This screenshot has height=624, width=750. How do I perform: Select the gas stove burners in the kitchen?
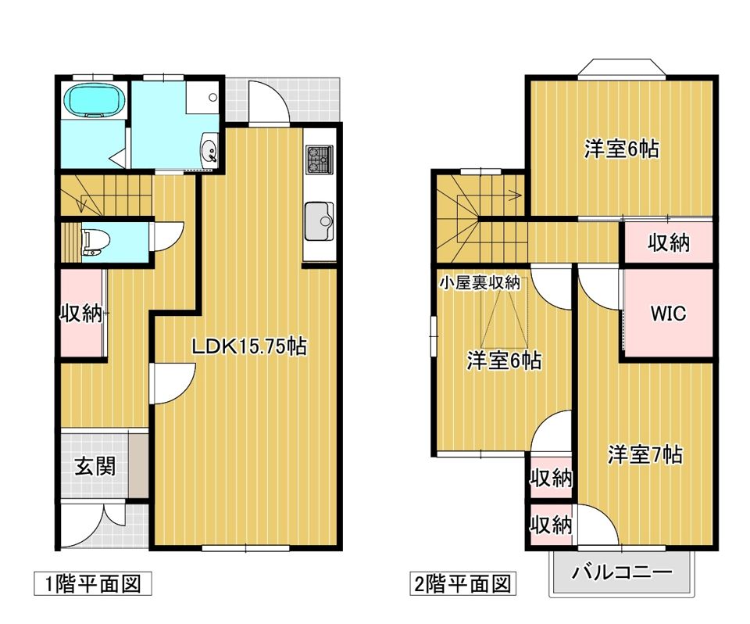[319, 160]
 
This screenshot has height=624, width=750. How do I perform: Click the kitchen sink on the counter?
[320, 221]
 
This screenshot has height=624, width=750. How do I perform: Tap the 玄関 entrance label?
[95, 467]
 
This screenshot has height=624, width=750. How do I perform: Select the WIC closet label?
[669, 314]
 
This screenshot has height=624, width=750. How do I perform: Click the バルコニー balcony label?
[622, 573]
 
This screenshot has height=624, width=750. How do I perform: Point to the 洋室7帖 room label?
[645, 454]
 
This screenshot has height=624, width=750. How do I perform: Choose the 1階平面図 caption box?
[92, 583]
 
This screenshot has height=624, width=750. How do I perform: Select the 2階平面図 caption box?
[462, 583]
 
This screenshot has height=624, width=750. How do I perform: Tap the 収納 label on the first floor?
[81, 314]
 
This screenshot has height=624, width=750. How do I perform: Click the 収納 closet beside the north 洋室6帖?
[669, 243]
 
